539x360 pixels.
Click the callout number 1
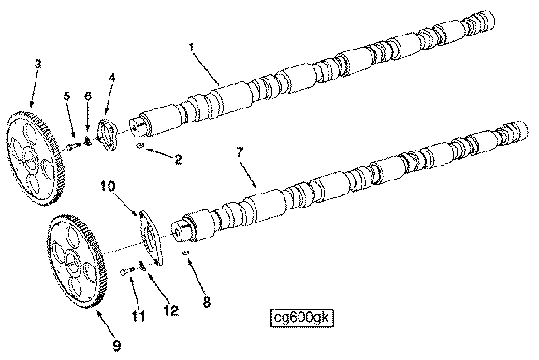coord(192,48)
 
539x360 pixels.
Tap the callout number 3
coord(37,64)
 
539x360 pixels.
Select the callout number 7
coord(240,152)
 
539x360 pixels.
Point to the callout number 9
coord(117,345)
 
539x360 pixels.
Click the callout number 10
coord(108,186)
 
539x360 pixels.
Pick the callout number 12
coord(171,310)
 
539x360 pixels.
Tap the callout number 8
coord(207,302)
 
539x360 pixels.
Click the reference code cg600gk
coord(302,318)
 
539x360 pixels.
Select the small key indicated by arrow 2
coord(140,146)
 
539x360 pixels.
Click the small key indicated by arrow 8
coord(185,253)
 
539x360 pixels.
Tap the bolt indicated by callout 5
coord(74,147)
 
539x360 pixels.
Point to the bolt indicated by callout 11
coord(126,272)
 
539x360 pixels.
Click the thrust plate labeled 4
coord(108,135)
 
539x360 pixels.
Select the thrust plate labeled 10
coord(152,238)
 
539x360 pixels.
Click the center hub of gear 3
coord(30,159)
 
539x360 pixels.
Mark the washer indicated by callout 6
coord(87,141)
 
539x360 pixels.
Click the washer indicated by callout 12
coord(142,266)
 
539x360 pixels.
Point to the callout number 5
coord(66,95)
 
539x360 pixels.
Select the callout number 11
coord(138,316)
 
